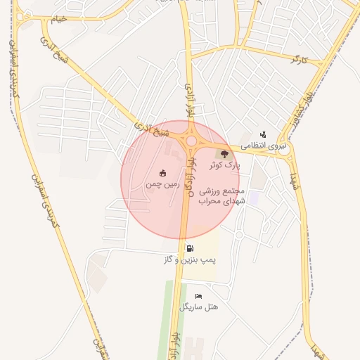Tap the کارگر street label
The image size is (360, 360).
click(x=304, y=58)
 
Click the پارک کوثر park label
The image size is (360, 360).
click(x=225, y=165)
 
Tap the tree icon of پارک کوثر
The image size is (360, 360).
click(x=224, y=154)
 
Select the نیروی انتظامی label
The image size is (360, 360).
click(x=264, y=145)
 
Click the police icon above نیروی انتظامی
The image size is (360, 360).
click(x=263, y=134)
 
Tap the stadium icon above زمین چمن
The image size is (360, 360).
click(x=163, y=173)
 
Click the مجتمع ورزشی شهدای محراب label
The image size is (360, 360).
click(x=221, y=196)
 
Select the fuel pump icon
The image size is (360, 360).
click(x=190, y=248)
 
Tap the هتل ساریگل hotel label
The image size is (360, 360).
click(x=199, y=307)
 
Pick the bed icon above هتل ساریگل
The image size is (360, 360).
click(x=198, y=296)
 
